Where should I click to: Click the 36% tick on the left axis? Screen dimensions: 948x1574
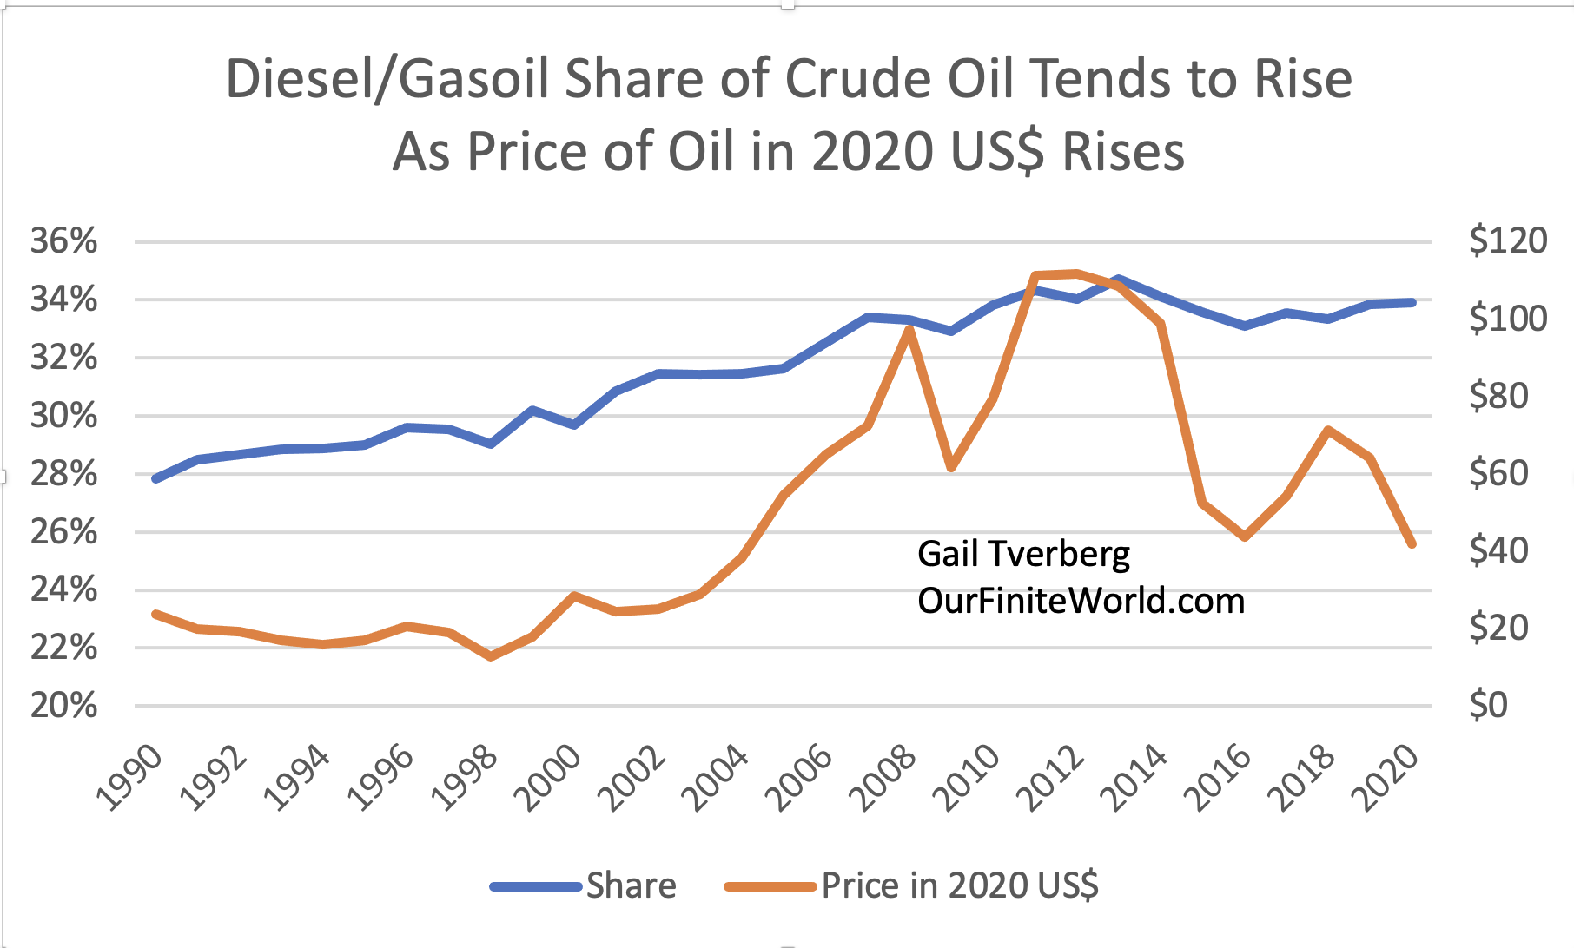click(63, 241)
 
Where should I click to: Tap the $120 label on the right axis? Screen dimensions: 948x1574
click(1507, 240)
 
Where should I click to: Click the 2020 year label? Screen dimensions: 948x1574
click(1388, 777)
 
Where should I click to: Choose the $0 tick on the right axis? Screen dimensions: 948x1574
click(1488, 705)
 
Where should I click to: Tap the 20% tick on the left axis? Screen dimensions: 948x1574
click(63, 706)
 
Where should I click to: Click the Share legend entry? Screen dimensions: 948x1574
click(631, 885)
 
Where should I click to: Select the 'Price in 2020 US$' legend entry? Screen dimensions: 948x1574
click(960, 885)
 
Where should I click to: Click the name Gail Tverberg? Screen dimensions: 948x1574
click(1023, 554)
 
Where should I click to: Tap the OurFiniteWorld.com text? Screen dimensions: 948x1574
click(1081, 601)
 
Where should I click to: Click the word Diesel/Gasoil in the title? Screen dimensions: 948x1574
click(387, 79)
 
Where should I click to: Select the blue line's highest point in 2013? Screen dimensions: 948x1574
click(1119, 280)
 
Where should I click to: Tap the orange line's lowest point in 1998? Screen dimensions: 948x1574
click(491, 656)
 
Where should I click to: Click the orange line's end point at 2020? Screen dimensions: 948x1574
click(1412, 544)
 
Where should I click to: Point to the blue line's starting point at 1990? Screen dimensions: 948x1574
click(155, 478)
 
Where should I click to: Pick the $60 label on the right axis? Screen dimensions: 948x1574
click(1498, 473)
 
